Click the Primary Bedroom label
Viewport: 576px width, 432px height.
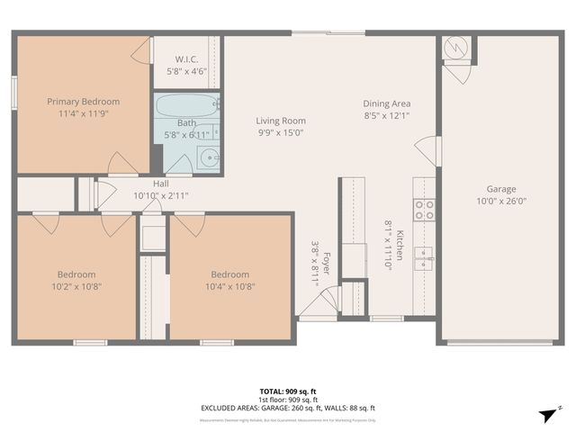83,102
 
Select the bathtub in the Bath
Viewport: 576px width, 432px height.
187,106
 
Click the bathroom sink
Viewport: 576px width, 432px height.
209,158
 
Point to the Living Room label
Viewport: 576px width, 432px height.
280,121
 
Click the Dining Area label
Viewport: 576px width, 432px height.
387,103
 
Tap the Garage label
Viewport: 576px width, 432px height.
501,189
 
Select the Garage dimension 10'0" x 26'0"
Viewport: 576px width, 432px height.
501,202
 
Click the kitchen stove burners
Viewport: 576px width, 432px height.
424,210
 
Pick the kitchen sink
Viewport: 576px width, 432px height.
423,258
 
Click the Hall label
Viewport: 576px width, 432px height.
160,184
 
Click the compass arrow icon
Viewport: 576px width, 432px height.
544,414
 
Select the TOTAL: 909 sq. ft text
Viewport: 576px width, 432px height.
288,391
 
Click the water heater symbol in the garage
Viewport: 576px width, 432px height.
456,47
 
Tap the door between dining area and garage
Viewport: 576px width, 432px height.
428,151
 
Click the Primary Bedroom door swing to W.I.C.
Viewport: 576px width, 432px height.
142,50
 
